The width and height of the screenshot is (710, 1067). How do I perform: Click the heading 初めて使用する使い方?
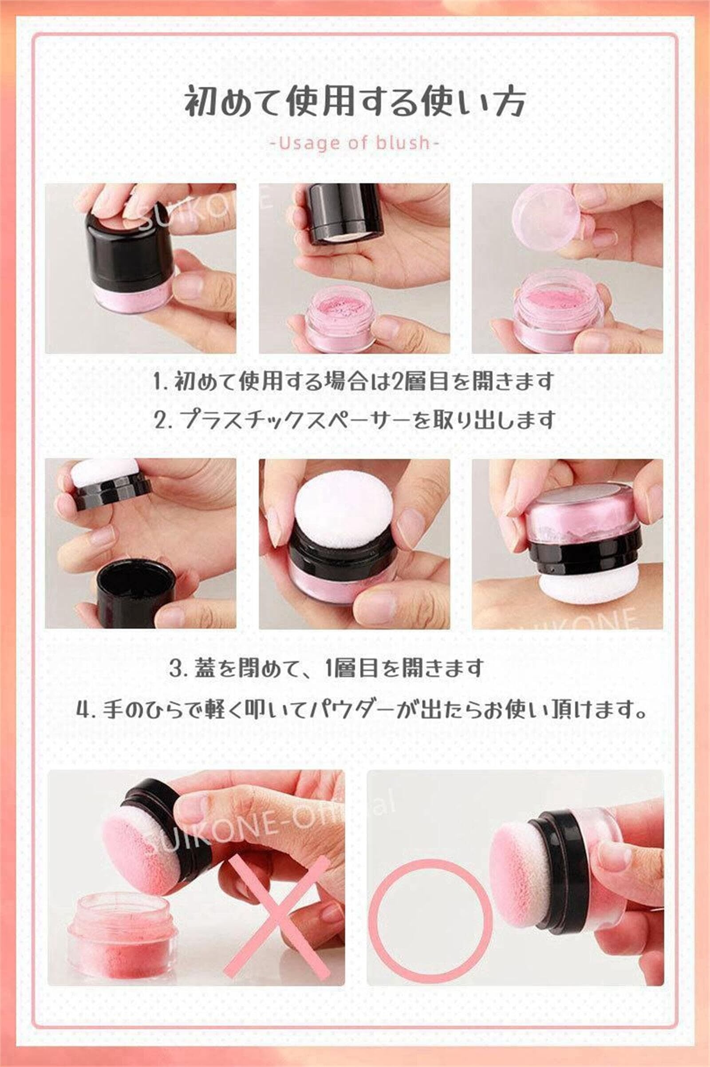click(x=355, y=102)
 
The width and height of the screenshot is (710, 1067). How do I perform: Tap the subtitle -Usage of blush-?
click(x=355, y=143)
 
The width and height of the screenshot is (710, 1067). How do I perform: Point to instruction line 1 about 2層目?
click(x=354, y=381)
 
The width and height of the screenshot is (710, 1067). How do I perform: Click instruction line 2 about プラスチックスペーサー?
click(x=355, y=420)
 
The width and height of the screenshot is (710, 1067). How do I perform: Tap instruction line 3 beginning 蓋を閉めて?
click(x=327, y=668)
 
